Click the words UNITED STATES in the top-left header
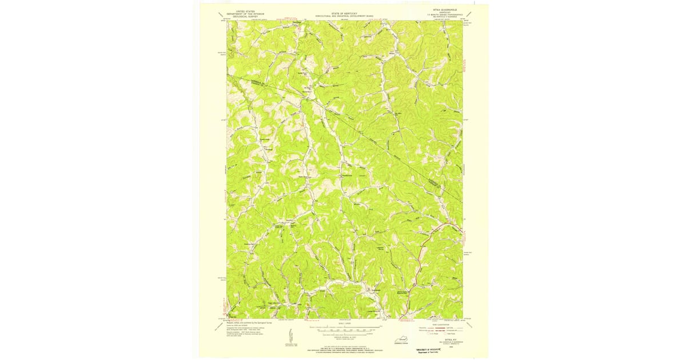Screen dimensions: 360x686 pyautogui.click(x=242, y=11)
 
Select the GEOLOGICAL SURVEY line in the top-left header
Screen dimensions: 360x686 pyautogui.click(x=242, y=17)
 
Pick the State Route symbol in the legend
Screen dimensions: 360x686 pyautogui.click(x=456, y=334)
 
